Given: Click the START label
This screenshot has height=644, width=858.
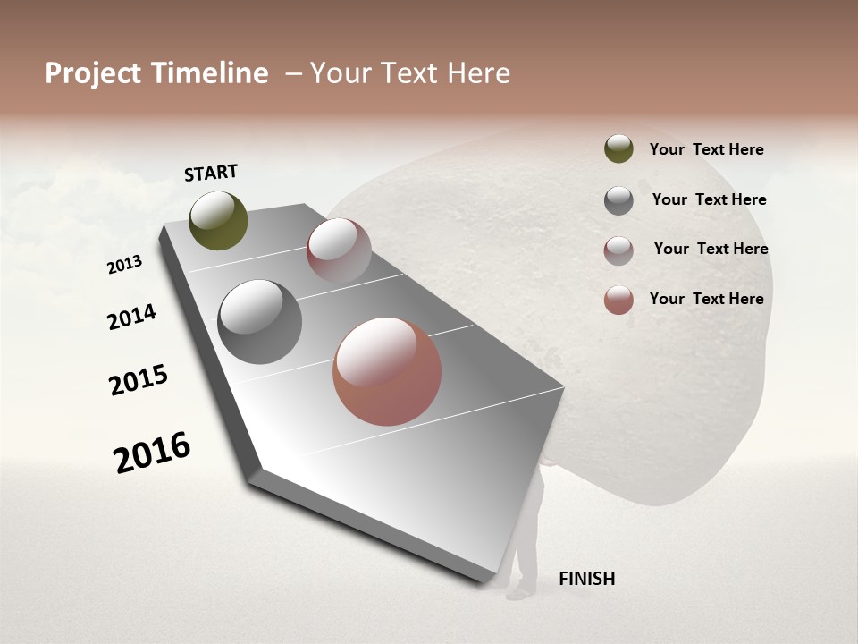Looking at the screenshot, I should tap(211, 173).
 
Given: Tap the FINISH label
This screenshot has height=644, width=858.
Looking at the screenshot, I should tap(586, 579).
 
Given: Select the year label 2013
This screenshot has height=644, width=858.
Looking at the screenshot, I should tap(125, 264).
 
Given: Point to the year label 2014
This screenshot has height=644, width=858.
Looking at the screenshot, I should tap(132, 318).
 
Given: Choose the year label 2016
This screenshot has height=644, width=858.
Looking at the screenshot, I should tap(153, 452).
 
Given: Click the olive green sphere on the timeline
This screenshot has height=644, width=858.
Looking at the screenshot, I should tap(219, 220).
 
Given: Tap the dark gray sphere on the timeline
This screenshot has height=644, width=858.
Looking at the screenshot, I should tap(259, 322).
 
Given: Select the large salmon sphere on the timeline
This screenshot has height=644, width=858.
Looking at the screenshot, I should tap(387, 370).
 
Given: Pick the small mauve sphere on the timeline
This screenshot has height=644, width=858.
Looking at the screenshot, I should tap(339, 250).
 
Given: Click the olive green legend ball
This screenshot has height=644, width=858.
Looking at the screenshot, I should tap(618, 148).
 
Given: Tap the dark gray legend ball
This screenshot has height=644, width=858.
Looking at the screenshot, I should tap(618, 200).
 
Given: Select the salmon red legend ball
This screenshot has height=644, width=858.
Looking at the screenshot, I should tap(618, 300).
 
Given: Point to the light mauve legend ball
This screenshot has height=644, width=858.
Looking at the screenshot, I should tap(618, 250).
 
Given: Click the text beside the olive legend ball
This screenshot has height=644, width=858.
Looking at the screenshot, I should tap(706, 149).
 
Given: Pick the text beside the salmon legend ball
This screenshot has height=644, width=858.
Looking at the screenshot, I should tap(706, 299).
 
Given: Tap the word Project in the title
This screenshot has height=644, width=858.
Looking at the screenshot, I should tap(91, 73).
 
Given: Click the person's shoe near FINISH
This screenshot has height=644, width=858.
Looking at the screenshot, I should tap(517, 591).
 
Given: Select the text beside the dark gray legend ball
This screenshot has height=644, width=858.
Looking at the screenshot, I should tap(709, 199).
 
